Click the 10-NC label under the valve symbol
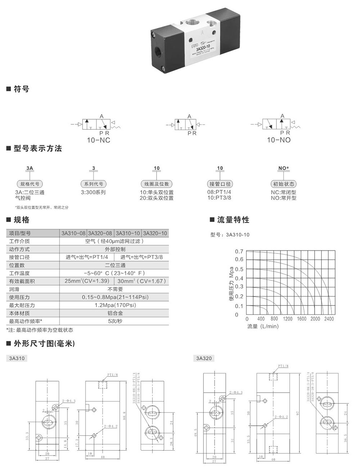[x=98, y=140]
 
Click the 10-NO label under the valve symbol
[x=279, y=140]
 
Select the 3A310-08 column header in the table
[x=73, y=233]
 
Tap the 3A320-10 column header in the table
[x=155, y=233]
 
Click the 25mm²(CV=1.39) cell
[x=87, y=281]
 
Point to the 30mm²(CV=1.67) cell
[x=141, y=281]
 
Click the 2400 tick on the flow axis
[x=329, y=319]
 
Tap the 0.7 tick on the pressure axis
[x=239, y=251]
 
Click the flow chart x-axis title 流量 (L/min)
[x=263, y=326]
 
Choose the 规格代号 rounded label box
[x=30, y=184]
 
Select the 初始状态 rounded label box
[x=284, y=184]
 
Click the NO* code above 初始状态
[x=284, y=168]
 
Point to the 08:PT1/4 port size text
[x=219, y=192]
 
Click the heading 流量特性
[x=233, y=220]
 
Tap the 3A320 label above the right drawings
[x=204, y=358]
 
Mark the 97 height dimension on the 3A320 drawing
[x=297, y=414]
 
